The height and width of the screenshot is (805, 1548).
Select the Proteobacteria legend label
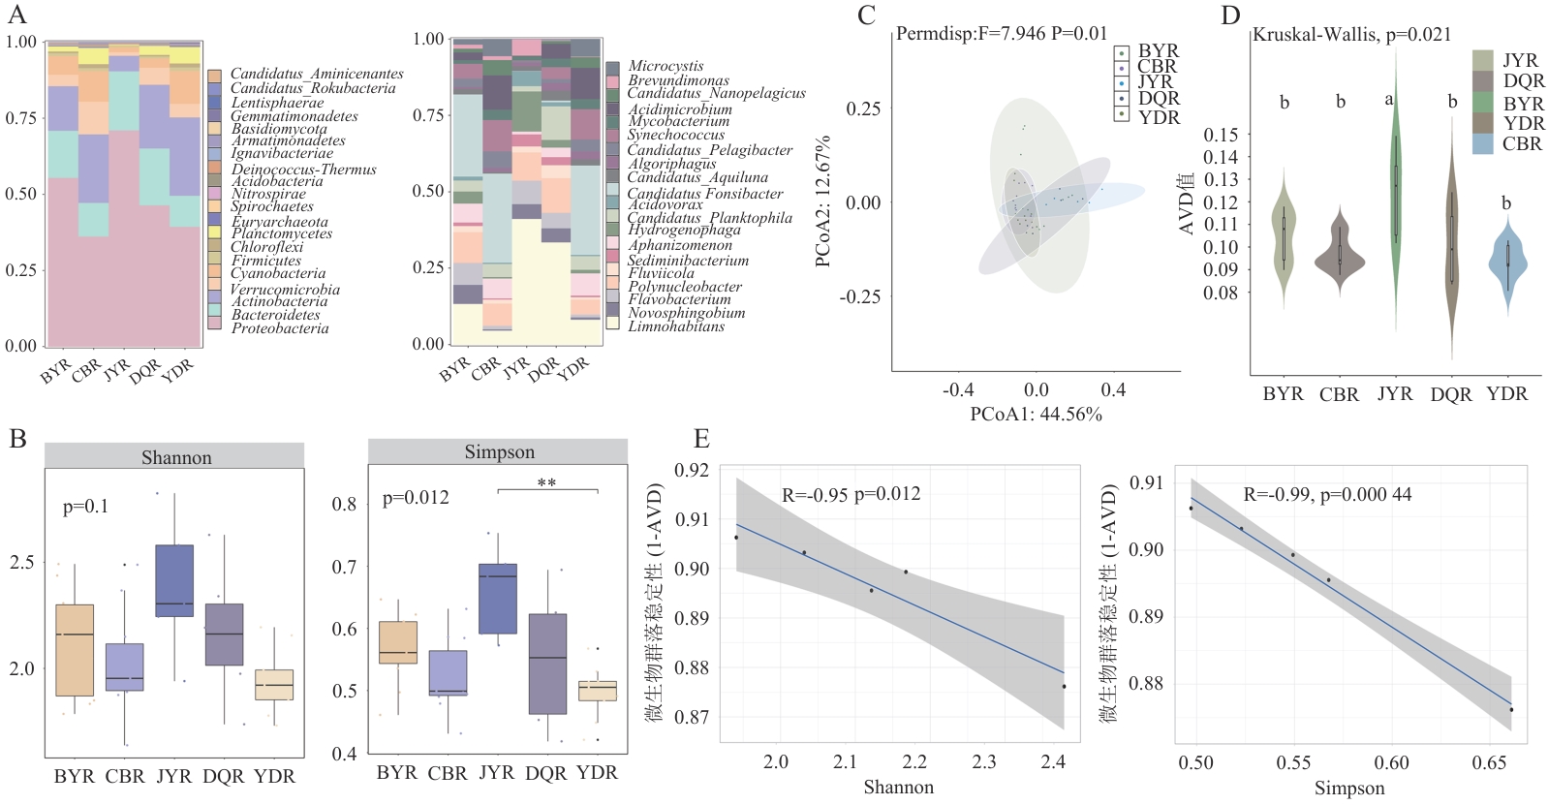(x=280, y=329)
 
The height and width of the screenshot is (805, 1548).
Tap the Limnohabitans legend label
(x=676, y=326)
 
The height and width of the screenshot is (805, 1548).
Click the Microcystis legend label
(x=666, y=66)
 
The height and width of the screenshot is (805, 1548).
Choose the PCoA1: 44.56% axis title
(x=1036, y=415)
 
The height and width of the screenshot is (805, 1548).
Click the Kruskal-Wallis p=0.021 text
(x=1352, y=35)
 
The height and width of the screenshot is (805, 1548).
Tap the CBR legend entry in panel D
(x=1521, y=144)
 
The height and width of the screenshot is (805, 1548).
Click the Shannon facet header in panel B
(x=175, y=457)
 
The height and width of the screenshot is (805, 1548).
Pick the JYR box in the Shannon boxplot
(x=174, y=580)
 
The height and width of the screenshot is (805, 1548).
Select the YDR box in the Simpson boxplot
(x=598, y=689)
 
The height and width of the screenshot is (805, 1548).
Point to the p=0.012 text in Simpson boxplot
(x=416, y=498)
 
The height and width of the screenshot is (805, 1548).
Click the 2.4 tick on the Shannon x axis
(x=1053, y=762)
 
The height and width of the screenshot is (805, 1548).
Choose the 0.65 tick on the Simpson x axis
(x=1489, y=763)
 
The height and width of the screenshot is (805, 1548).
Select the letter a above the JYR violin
(x=1389, y=100)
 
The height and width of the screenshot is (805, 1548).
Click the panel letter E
(x=702, y=439)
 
